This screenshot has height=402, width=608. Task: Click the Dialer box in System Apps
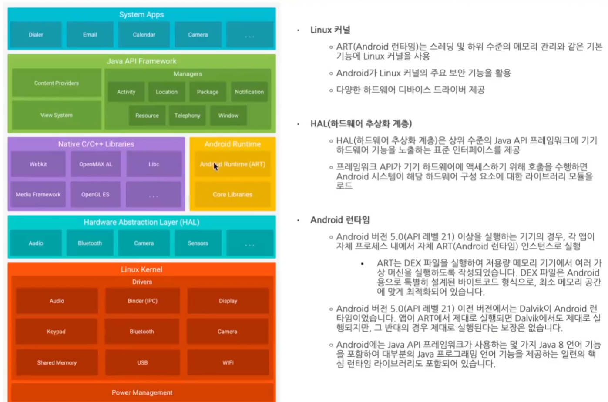point(36,35)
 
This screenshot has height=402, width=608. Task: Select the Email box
point(90,35)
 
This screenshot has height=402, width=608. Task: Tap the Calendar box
point(144,35)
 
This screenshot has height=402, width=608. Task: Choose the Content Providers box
point(57,83)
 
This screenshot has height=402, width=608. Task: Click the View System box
point(57,115)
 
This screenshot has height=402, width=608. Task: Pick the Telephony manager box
point(187,116)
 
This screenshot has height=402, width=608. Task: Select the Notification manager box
point(249,92)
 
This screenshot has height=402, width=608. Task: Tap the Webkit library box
point(38,164)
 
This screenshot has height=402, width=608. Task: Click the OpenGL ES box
point(95,195)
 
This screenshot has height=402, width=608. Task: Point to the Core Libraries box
point(232,195)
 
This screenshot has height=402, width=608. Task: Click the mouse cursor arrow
point(215,166)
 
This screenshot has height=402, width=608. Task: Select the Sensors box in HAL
point(198,243)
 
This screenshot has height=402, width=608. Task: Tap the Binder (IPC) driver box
point(142,301)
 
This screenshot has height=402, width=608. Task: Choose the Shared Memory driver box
point(57,362)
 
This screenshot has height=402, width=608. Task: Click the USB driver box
point(142,362)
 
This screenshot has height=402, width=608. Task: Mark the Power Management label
point(142,392)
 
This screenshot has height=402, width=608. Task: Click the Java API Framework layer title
point(141,61)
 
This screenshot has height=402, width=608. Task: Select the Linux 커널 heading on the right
point(330,30)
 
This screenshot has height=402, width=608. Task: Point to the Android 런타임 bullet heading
point(340,220)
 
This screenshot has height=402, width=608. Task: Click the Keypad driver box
point(57,332)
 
